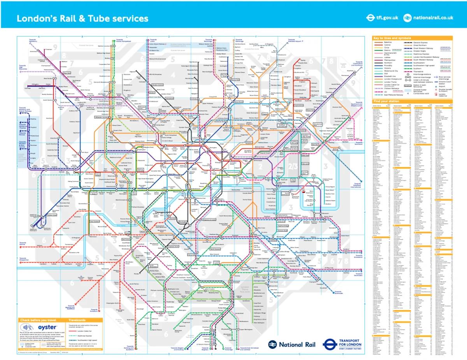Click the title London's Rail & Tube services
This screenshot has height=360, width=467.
click(82, 18)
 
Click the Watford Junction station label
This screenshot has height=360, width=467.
click(104, 46)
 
